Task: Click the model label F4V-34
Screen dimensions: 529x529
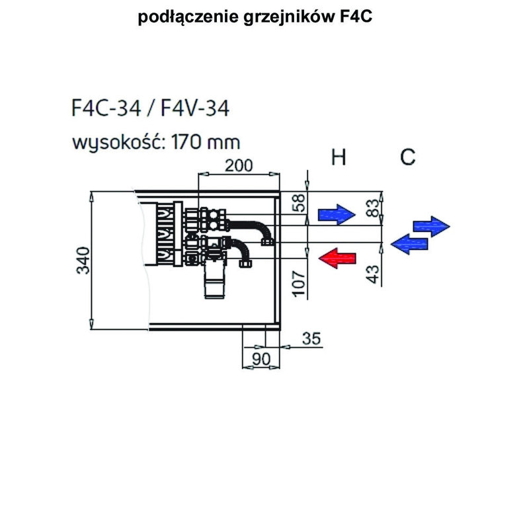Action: pyautogui.click(x=192, y=108)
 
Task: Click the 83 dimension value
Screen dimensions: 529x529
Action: pyautogui.click(x=374, y=208)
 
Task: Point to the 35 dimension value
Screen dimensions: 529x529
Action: pyautogui.click(x=309, y=339)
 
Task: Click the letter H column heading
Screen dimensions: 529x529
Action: pyautogui.click(x=339, y=157)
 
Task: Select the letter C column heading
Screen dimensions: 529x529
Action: pyautogui.click(x=408, y=157)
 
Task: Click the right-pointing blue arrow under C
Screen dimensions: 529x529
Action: pyautogui.click(x=432, y=225)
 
